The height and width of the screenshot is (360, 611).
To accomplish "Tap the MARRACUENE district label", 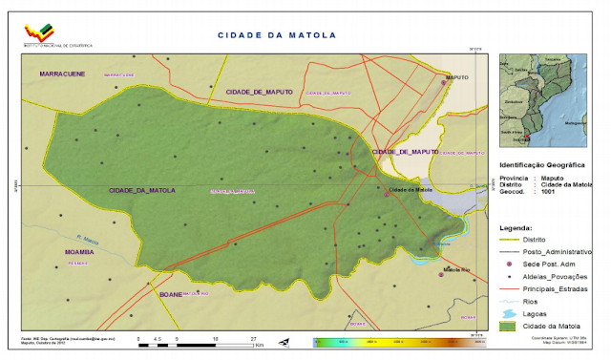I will (x=62, y=74).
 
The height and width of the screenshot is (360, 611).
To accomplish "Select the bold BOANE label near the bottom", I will (x=170, y=294).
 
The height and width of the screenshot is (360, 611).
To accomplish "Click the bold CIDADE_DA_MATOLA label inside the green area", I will (x=142, y=191).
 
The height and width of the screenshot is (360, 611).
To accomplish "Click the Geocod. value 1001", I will (x=548, y=191).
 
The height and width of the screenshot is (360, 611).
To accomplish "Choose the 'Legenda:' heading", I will (x=516, y=227).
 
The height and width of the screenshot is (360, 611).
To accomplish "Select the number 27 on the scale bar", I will (x=253, y=338).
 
